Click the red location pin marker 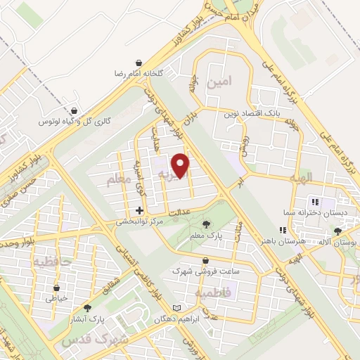pos(181,165)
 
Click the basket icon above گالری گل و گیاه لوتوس pos(74,110)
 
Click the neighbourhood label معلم pos(119,181)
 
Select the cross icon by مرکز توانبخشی pos(139,210)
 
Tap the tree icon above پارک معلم pos(205,224)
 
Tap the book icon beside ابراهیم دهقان pos(177,308)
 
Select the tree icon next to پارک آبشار pos(87,307)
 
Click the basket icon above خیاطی pos(57,287)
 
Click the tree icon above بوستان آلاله pos(337,231)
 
